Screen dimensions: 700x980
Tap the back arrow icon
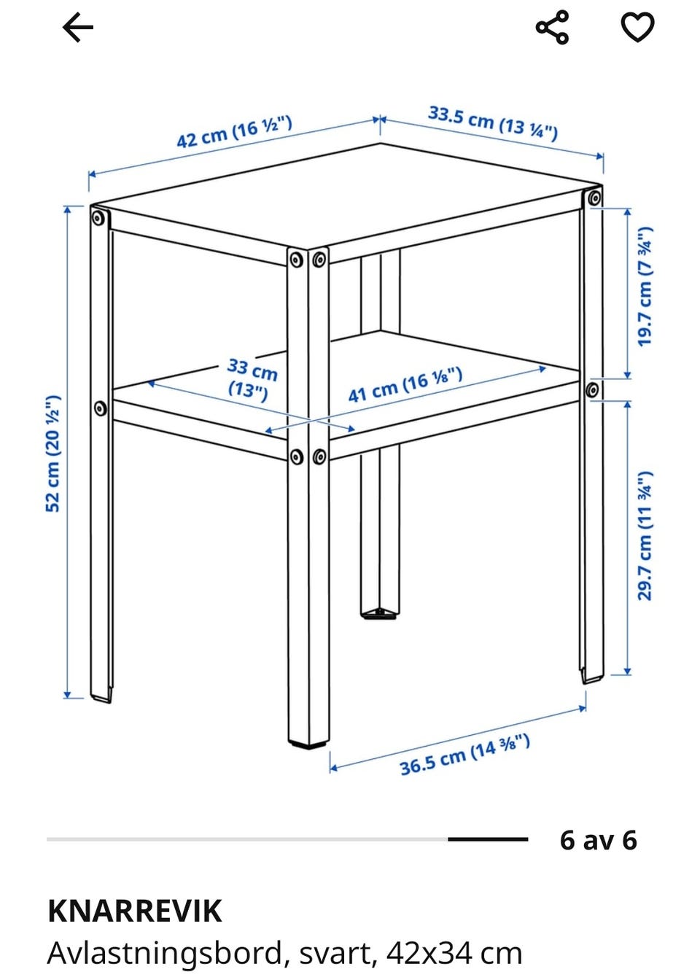pos(77,27)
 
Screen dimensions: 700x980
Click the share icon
pos(552,27)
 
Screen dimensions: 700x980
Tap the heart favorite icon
pos(637,27)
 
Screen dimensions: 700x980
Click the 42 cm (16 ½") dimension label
pos(234,132)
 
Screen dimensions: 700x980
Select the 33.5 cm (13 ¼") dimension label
pos(493,123)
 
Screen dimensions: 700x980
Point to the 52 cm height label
pos(53,454)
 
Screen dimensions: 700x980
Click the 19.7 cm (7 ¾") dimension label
pos(645,287)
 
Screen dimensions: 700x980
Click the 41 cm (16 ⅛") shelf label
pos(405,384)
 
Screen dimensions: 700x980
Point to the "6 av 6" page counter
pos(598,839)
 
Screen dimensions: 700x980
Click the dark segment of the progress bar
pos(487,839)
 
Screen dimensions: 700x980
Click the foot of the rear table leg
pos(380,614)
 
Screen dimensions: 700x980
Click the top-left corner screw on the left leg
pos(99,218)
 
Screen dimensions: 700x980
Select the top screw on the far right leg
pos(594,198)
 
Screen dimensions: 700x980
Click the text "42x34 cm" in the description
pos(454,955)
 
